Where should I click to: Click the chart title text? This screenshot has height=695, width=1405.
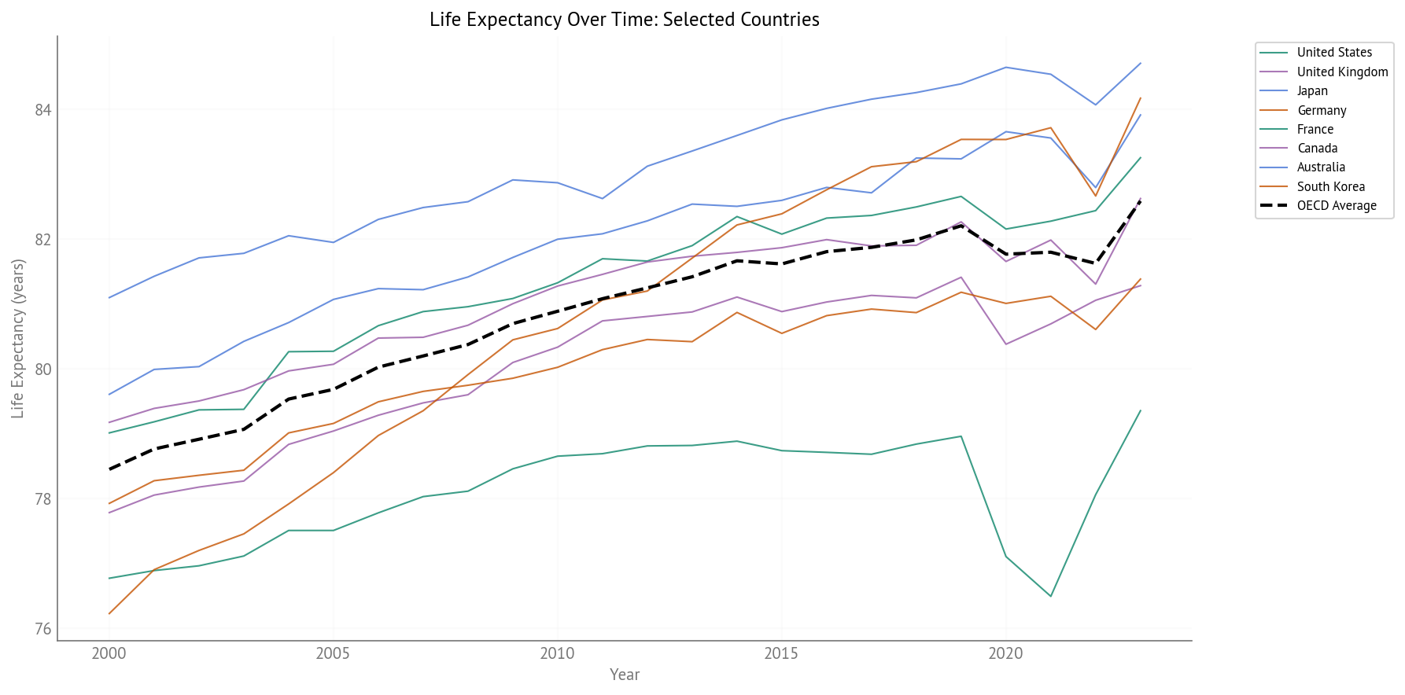click(624, 20)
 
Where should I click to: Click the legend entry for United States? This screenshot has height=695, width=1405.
click(1333, 53)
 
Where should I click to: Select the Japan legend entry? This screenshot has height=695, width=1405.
click(1311, 91)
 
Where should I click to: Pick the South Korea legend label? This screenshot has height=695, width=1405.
click(1330, 187)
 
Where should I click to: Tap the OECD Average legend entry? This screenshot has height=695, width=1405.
click(1336, 206)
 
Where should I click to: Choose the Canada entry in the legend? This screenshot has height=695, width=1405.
click(1317, 149)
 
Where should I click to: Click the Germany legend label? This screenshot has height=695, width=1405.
click(1321, 111)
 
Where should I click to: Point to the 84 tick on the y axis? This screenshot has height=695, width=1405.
click(43, 110)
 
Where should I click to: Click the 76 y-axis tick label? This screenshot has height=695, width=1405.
click(43, 629)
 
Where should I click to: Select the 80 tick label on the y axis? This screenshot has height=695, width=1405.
click(43, 370)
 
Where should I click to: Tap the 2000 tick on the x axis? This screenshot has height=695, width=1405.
click(109, 653)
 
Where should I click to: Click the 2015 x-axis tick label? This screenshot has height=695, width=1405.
click(781, 653)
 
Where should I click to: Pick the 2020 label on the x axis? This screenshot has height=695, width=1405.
click(1005, 653)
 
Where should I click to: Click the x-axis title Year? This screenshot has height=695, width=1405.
click(625, 675)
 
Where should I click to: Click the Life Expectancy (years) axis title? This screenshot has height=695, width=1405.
click(18, 338)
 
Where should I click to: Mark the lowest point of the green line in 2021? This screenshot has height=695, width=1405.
click(1050, 596)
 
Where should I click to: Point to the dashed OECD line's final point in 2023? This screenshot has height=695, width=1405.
click(1140, 201)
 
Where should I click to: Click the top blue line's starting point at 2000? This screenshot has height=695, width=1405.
click(109, 297)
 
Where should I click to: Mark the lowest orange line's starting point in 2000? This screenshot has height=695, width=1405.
click(109, 613)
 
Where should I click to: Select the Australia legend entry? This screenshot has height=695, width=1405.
click(1320, 167)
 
